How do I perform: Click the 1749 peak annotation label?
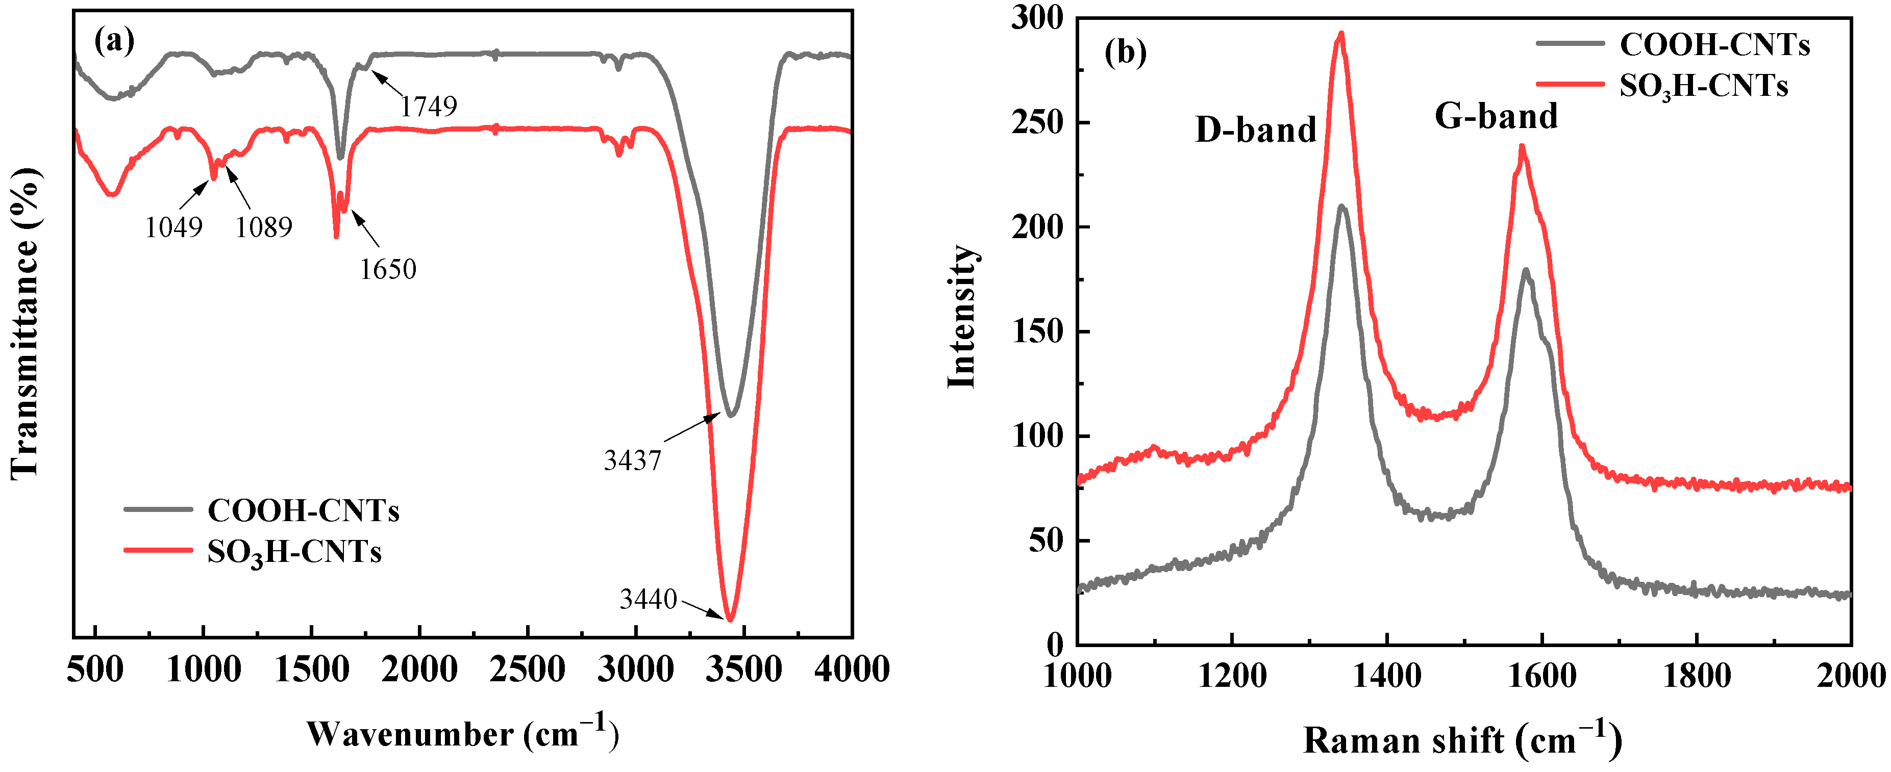pyautogui.click(x=428, y=107)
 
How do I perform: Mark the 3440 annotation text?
pyautogui.click(x=648, y=600)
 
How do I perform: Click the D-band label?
pyautogui.click(x=1255, y=130)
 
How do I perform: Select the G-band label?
pyautogui.click(x=1496, y=116)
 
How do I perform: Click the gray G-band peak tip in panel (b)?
pyautogui.click(x=1526, y=270)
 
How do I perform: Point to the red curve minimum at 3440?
pyautogui.click(x=730, y=620)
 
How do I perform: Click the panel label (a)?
pyautogui.click(x=114, y=42)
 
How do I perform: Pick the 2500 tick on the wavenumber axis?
pyautogui.click(x=527, y=670)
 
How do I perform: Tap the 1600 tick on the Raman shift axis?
pyautogui.click(x=1541, y=675)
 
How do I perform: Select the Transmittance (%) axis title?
pyautogui.click(x=25, y=323)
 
